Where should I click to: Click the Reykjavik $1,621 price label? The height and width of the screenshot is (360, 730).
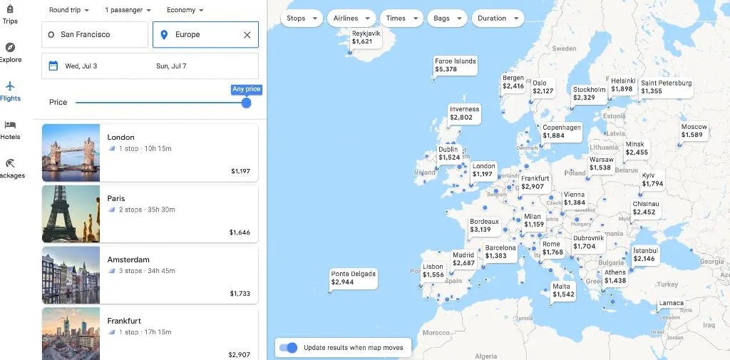click(x=366, y=38)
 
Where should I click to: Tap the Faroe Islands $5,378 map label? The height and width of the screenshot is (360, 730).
click(x=455, y=66)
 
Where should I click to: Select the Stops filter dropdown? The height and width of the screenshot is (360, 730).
click(x=302, y=19)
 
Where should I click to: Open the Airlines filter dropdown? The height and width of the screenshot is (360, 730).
click(x=351, y=19)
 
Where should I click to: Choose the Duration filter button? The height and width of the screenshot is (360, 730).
click(x=497, y=19)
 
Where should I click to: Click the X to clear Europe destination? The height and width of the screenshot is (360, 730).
click(x=247, y=35)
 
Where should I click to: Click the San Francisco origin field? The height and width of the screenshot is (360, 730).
click(x=95, y=35)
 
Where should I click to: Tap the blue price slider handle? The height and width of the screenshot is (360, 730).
click(x=246, y=103)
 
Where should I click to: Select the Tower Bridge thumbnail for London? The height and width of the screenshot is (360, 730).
click(x=71, y=153)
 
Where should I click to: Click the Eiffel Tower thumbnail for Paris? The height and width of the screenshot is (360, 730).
click(x=71, y=214)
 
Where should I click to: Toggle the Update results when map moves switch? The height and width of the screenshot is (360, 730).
click(x=288, y=348)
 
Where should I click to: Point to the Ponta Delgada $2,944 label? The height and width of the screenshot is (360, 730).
click(x=353, y=278)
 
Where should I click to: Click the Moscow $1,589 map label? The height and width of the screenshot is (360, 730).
click(x=693, y=131)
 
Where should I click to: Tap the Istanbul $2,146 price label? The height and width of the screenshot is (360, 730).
click(x=645, y=254)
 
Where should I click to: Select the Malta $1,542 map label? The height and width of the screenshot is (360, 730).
click(x=562, y=291)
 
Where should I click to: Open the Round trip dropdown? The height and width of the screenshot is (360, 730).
click(x=69, y=11)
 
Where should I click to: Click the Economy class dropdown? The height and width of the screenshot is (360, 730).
click(x=185, y=11)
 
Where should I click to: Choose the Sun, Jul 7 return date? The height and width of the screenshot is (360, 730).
click(x=171, y=66)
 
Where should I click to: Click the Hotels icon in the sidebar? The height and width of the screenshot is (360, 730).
click(x=10, y=129)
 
